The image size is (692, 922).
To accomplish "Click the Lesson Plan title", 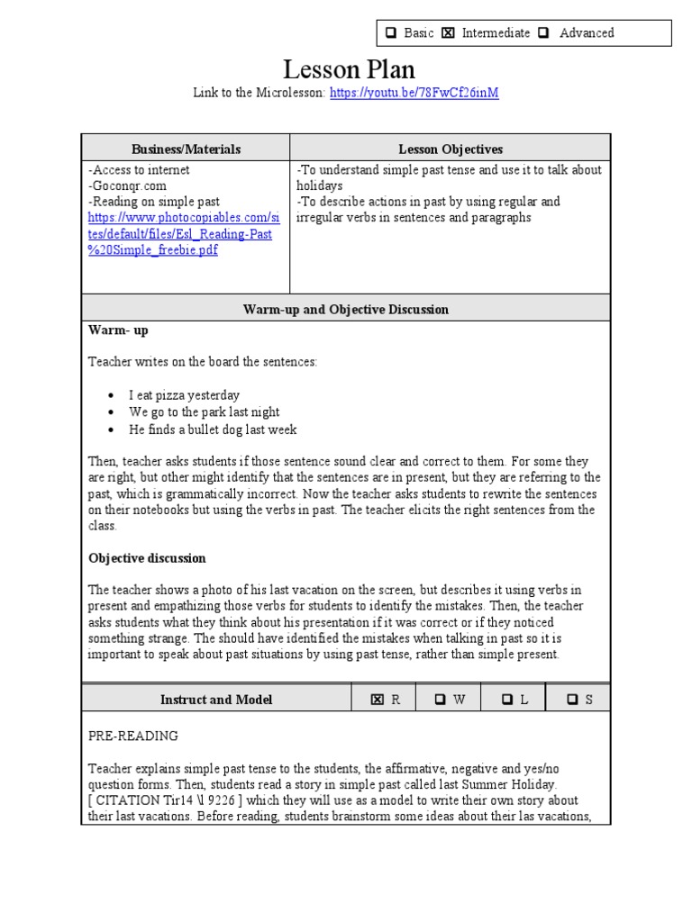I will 350,69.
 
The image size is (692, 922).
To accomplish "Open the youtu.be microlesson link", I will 414,94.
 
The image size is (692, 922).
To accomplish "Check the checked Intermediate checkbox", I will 448,33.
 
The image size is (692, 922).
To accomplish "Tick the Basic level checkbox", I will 391,33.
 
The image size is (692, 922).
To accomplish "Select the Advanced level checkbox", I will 543,33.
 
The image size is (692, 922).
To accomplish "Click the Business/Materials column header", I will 186,149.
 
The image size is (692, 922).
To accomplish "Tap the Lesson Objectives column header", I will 451,149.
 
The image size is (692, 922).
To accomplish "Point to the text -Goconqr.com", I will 127,185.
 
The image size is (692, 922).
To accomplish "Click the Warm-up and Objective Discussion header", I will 346,309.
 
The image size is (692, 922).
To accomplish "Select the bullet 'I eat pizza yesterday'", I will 184,395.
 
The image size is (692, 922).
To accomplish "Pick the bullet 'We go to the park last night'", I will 204,412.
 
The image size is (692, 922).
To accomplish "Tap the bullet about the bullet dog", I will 212,429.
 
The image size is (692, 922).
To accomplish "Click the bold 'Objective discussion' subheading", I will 147,558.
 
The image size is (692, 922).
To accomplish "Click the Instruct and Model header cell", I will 216,700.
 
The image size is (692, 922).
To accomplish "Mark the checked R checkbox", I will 378,700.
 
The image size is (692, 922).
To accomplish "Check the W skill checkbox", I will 441,700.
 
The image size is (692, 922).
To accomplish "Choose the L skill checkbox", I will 507,700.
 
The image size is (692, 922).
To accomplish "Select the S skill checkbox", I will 572,700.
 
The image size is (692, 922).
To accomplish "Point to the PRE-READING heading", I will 133,736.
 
